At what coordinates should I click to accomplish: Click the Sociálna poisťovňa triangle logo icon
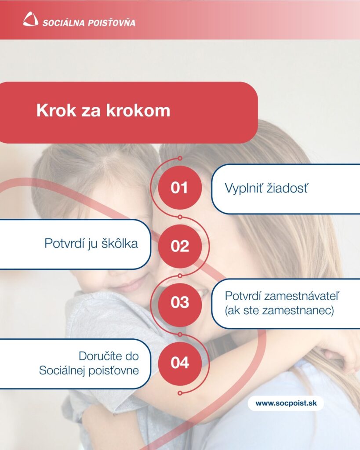30,19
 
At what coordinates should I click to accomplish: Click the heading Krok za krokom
103,111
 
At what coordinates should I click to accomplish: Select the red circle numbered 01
179,188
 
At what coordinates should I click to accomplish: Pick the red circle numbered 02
179,246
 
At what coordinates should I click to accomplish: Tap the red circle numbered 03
179,302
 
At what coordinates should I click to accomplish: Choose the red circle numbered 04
179,363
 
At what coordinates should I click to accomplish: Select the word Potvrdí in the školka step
62,243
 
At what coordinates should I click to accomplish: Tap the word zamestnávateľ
299,295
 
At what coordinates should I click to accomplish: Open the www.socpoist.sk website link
285,403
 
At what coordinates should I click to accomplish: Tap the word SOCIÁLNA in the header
61,22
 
